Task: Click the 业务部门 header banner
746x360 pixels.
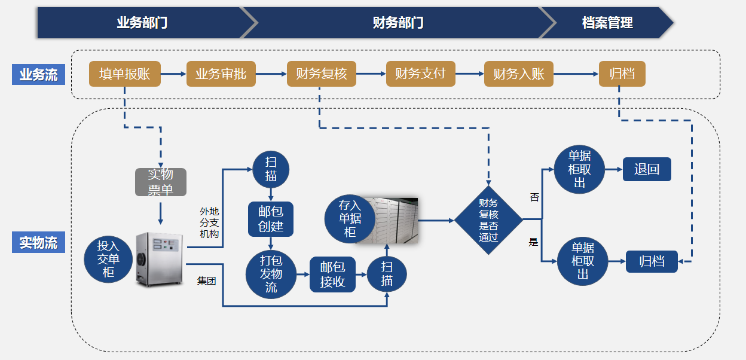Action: (x=142, y=23)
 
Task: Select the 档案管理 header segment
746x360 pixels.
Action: (x=607, y=23)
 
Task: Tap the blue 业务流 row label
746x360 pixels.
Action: (x=38, y=75)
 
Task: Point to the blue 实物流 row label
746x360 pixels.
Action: (x=38, y=243)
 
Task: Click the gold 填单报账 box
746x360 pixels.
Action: (x=125, y=74)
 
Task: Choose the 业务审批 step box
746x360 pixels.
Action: (x=221, y=74)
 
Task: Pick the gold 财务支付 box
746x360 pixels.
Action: (x=420, y=74)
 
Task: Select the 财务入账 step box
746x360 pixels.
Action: (x=518, y=74)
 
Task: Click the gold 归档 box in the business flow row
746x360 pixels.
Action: (x=622, y=74)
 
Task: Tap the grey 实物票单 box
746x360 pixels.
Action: (x=160, y=182)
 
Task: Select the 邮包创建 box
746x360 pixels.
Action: (x=271, y=219)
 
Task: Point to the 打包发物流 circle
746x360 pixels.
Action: (x=271, y=273)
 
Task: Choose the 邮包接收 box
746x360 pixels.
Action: (x=332, y=274)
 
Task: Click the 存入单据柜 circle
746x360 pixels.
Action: (x=350, y=218)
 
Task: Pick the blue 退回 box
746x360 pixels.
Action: (x=647, y=169)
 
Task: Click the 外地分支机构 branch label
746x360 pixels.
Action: (x=209, y=222)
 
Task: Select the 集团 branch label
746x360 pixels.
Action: (x=206, y=280)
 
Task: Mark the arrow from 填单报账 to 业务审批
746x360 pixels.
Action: (x=173, y=74)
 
